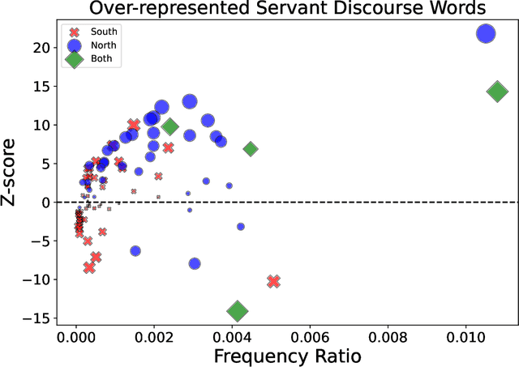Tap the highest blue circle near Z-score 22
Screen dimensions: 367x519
click(x=486, y=33)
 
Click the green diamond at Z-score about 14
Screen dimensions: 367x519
click(x=497, y=92)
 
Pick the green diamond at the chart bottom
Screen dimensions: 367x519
click(x=237, y=311)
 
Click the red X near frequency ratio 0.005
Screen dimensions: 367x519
click(x=273, y=281)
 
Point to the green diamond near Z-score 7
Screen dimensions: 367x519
click(x=251, y=149)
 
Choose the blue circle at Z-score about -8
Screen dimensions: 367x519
click(x=195, y=263)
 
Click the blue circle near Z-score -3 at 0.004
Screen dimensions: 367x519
click(x=240, y=226)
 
